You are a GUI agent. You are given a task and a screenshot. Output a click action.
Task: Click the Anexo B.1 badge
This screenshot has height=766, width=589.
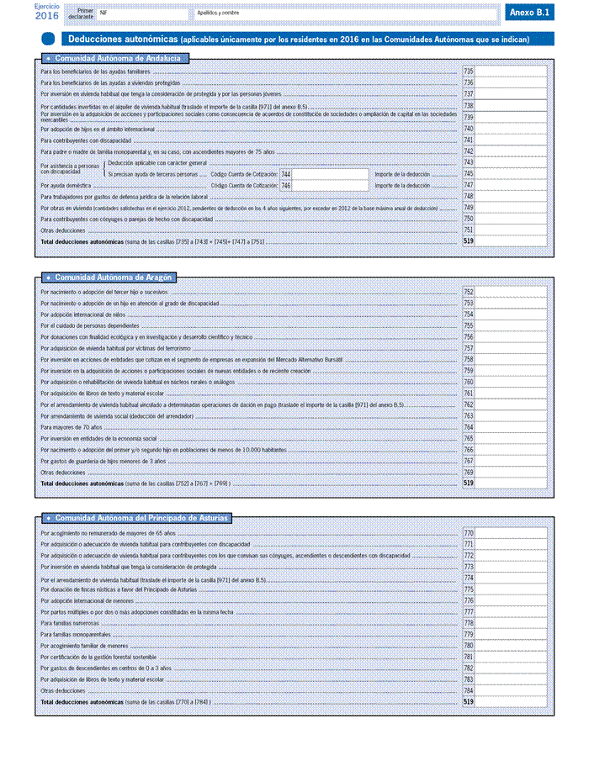coord(530,13)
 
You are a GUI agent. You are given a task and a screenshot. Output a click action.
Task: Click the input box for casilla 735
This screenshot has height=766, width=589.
coord(512,71)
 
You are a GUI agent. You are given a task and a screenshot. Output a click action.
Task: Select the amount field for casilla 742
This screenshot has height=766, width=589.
coord(512,151)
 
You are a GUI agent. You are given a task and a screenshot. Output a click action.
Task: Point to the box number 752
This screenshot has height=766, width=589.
coord(469,292)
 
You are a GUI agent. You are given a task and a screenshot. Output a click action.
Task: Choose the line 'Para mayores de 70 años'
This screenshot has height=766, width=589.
coord(67,427)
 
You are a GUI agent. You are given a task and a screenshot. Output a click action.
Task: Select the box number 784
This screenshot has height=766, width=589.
coord(469,690)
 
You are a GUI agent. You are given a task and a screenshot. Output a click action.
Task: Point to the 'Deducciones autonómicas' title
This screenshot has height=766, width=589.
coord(122,39)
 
